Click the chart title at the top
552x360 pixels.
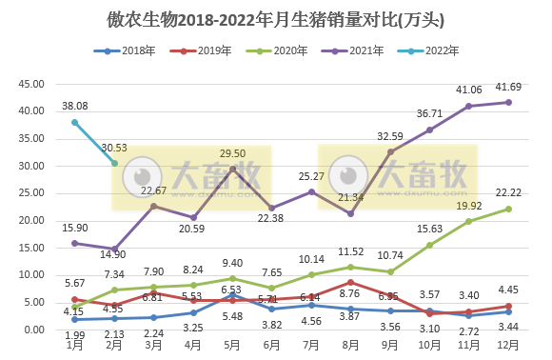point(276,19)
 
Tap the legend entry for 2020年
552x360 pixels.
point(282,50)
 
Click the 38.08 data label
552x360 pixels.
point(75,107)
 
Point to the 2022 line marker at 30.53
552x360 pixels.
point(114,163)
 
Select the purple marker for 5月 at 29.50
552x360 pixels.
point(232,169)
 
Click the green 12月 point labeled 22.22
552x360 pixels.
point(509,209)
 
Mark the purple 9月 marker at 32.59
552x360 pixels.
point(390,151)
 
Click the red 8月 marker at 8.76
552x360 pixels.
point(351,282)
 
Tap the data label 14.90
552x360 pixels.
point(114,254)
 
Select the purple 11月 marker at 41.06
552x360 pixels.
point(469,106)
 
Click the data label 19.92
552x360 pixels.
point(469,205)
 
